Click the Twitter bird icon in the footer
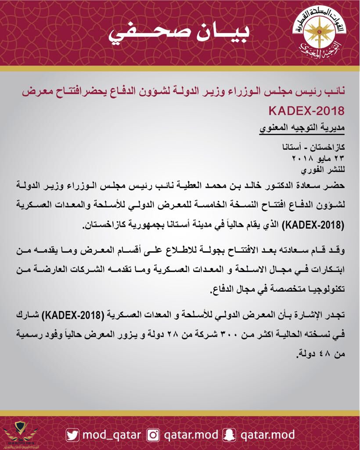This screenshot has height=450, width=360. [x=72, y=435]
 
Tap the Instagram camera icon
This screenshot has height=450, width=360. [x=153, y=435]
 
